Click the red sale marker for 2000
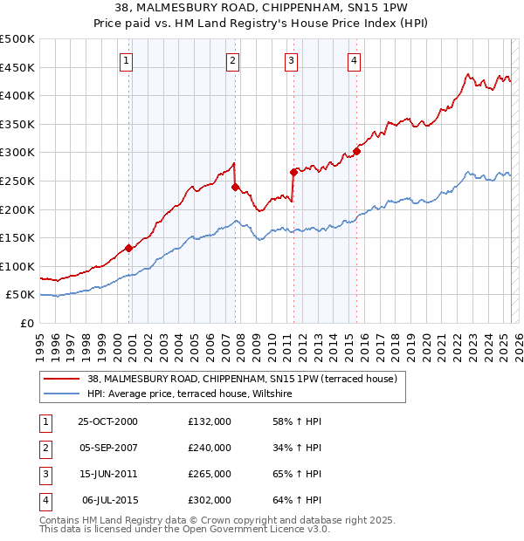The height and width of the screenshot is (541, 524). coord(129,248)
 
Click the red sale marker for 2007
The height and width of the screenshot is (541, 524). coord(235,186)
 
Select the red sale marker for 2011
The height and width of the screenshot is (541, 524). coord(293,172)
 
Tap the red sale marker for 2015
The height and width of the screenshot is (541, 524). coord(356,151)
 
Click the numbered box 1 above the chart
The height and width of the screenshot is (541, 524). coord(128,60)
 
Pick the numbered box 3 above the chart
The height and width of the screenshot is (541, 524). coord(291,60)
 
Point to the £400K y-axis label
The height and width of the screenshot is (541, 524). coord(17,95)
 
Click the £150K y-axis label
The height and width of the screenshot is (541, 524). coord(17,237)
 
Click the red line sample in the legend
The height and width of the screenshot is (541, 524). coord(61,379)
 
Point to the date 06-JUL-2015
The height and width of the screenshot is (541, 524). coord(108,500)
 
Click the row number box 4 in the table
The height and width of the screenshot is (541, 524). coord(45,500)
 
